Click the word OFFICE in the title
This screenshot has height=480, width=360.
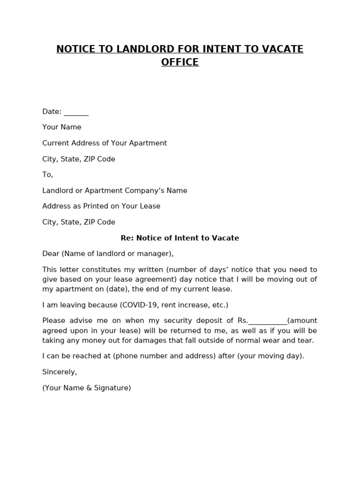(x=180, y=62)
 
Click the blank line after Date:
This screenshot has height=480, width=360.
(x=76, y=112)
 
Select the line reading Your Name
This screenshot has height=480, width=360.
(x=62, y=127)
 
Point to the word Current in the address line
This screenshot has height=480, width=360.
(x=55, y=143)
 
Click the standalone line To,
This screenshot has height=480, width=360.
(x=48, y=174)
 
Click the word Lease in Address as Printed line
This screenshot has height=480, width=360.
(x=150, y=206)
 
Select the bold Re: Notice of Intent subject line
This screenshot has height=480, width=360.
(x=180, y=238)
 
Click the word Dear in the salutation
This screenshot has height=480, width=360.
(x=51, y=254)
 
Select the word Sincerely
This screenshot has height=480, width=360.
(x=60, y=372)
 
